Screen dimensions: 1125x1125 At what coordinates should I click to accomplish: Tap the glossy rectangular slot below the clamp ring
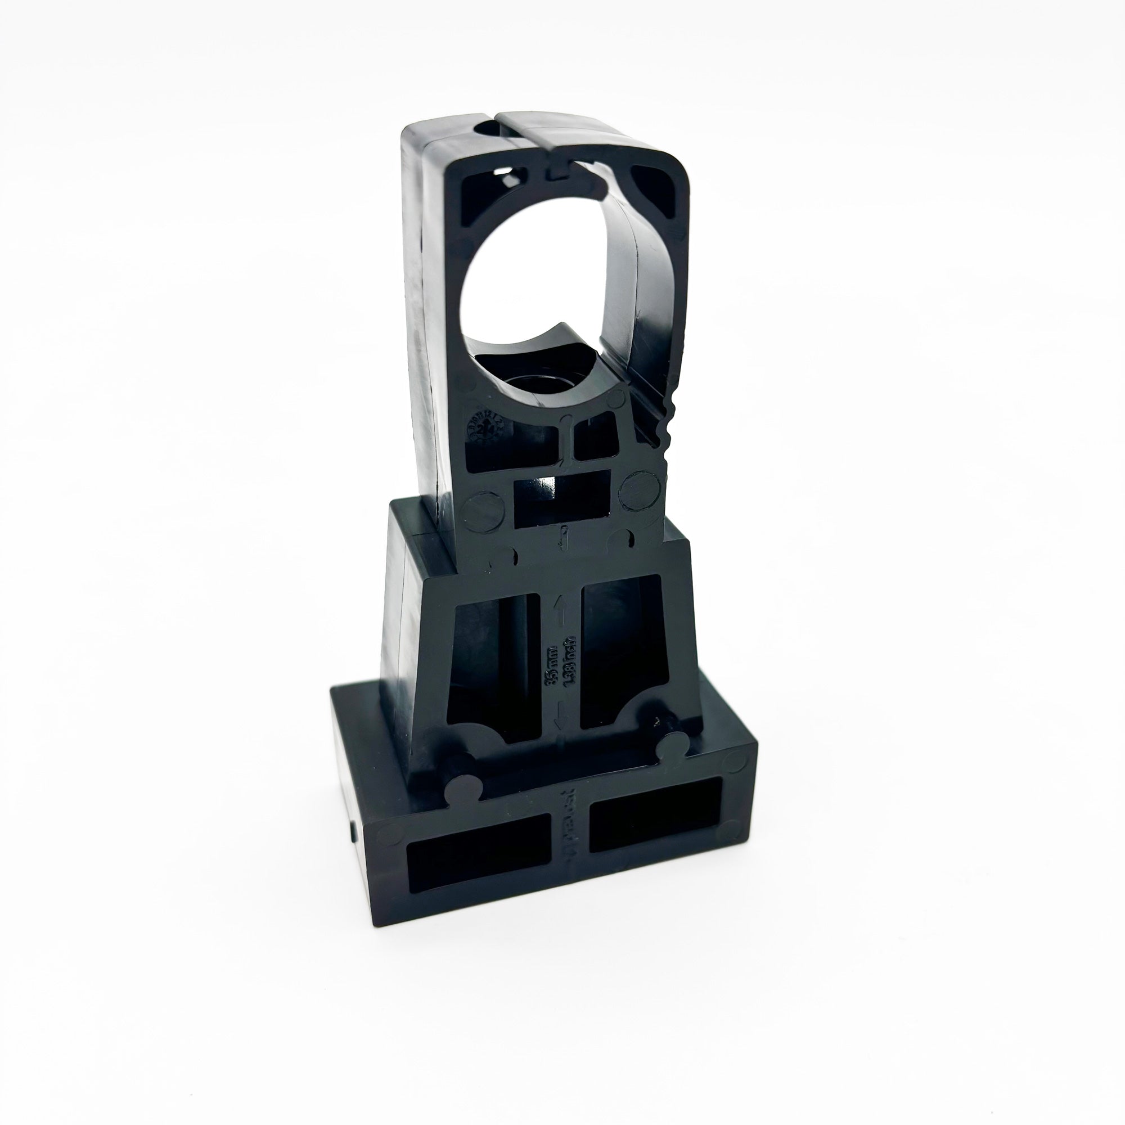[x=562, y=498]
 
